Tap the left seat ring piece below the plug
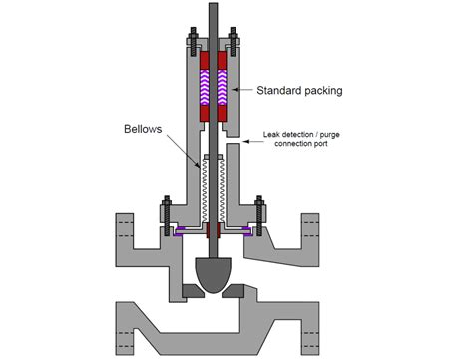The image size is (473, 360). coord(193,290)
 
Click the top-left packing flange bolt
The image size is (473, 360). coord(191,45)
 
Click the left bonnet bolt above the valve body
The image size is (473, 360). coord(165,214)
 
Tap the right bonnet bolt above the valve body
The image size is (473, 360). coord(259,214)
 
